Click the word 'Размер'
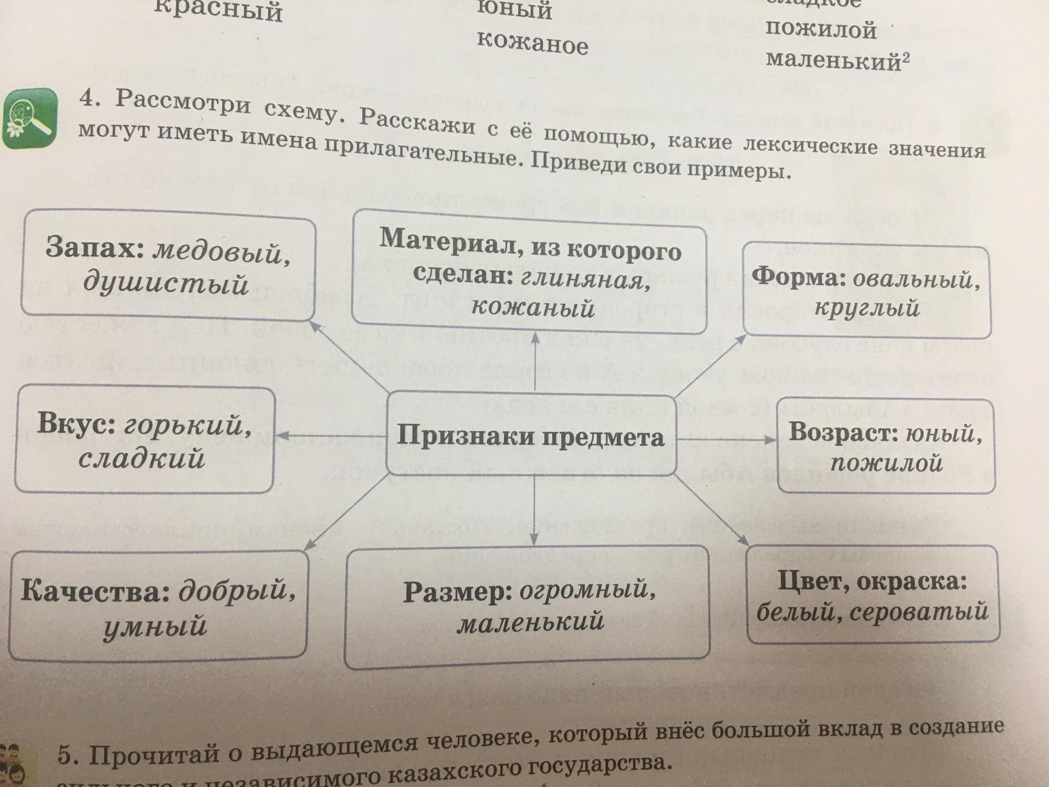[457, 593]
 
